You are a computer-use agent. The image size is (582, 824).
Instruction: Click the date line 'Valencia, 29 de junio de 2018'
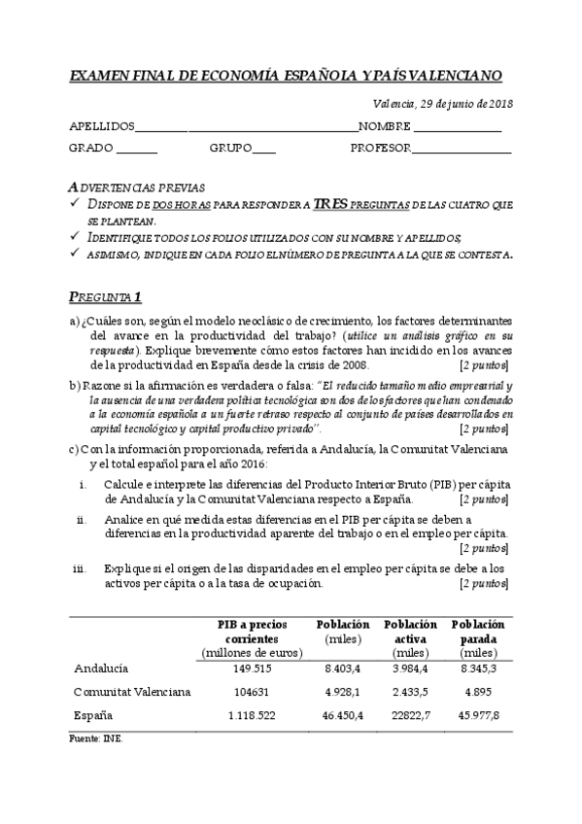pos(442,104)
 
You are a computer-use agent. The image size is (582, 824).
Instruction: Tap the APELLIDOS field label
pos(101,127)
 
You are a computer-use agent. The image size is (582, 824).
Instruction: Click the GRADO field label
pos(91,149)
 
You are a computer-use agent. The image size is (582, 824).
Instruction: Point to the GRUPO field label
pos(229,149)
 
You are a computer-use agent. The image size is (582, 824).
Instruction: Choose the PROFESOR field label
pos(380,149)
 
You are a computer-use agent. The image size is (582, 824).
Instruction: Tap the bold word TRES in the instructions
pos(330,205)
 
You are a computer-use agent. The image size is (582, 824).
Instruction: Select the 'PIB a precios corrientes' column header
pos(253,632)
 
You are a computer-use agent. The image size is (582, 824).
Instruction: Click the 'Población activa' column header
pos(410,632)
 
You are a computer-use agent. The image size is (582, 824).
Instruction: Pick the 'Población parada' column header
pos(478,632)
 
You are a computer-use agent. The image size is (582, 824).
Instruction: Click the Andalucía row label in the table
pos(101,669)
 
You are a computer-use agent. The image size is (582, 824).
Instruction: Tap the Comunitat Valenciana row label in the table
pos(132,692)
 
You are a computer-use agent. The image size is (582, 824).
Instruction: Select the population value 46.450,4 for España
pos(343,715)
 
